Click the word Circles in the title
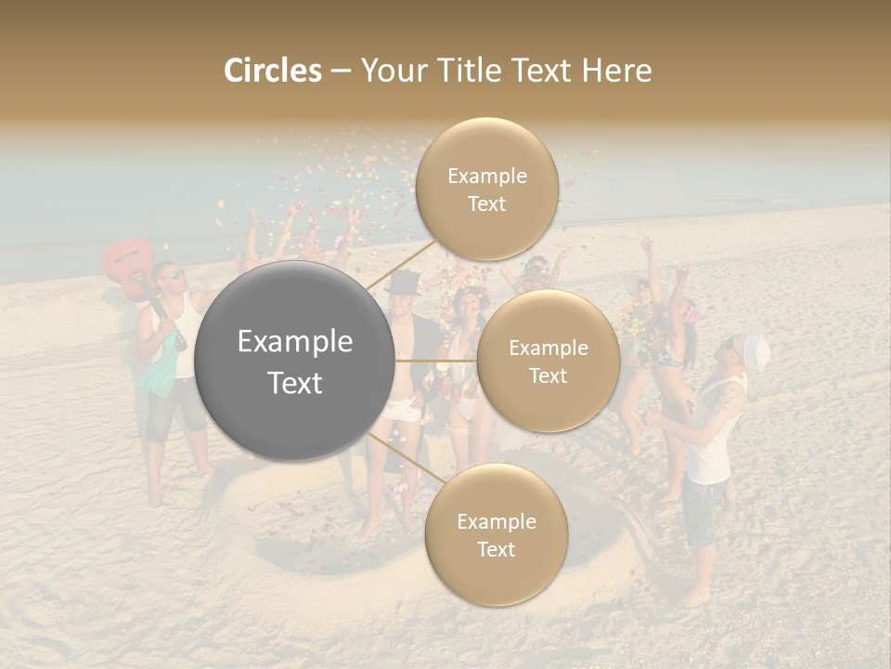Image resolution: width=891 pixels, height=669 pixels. [273, 71]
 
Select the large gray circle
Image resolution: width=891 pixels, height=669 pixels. [295, 361]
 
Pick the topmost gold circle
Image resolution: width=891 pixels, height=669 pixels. [486, 189]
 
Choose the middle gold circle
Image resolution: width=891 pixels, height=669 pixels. [548, 361]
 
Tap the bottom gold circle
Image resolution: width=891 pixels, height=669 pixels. [496, 534]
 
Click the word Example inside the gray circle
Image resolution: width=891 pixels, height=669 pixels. [295, 342]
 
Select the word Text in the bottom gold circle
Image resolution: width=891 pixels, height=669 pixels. [496, 549]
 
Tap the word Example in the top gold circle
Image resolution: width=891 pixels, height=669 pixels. [486, 176]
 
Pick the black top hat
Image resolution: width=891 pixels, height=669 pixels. [403, 282]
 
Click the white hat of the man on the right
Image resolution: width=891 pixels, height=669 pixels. [754, 350]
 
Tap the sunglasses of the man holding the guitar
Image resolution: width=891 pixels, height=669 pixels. [172, 275]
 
